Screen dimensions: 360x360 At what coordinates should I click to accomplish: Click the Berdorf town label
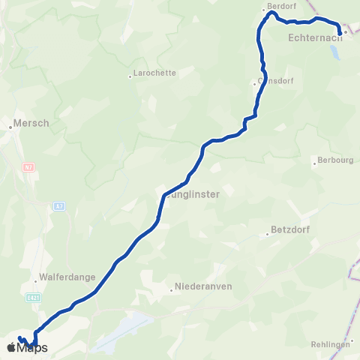pos(277,6)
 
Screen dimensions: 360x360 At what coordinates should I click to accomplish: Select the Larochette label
pos(154,73)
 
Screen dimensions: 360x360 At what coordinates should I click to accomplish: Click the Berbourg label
pos(335,160)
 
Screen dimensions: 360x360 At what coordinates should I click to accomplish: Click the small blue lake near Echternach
pos(334,54)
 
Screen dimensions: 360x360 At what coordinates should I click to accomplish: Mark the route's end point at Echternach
pos(341,32)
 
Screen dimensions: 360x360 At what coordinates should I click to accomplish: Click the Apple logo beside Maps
pos(10,348)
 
